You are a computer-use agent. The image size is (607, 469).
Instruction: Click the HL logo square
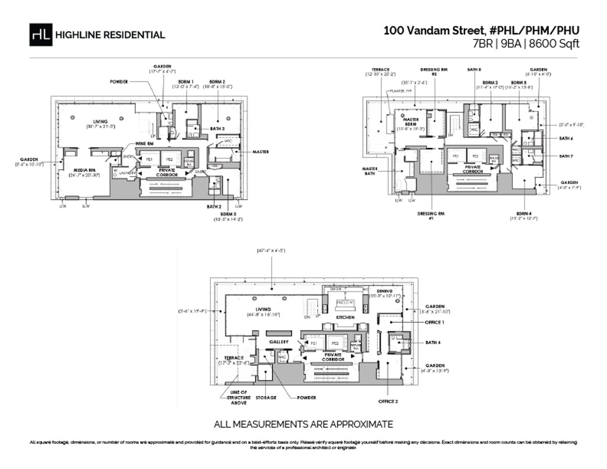40,35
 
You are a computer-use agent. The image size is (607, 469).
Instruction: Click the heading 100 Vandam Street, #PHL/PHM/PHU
481,30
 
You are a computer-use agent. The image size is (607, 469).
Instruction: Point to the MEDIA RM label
84,170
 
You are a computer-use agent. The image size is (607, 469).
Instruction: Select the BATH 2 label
213,206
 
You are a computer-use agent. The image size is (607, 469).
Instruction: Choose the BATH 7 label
566,156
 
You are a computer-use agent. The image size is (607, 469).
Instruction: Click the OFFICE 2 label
388,401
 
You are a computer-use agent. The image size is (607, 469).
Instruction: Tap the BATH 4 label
432,343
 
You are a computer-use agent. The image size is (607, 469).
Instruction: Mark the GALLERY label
278,342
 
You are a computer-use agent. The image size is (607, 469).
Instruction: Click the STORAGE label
266,398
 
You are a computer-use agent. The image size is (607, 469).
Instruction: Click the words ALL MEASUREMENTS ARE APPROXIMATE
303,424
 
